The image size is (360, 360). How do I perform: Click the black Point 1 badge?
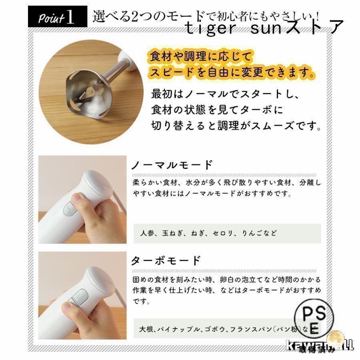coord(57,18)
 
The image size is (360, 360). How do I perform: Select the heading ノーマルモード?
coord(172,165)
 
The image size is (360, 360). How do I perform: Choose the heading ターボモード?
coord(166,261)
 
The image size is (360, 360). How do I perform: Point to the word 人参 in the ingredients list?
coord(146,233)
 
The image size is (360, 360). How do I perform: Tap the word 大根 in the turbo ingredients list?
coord(146,330)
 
